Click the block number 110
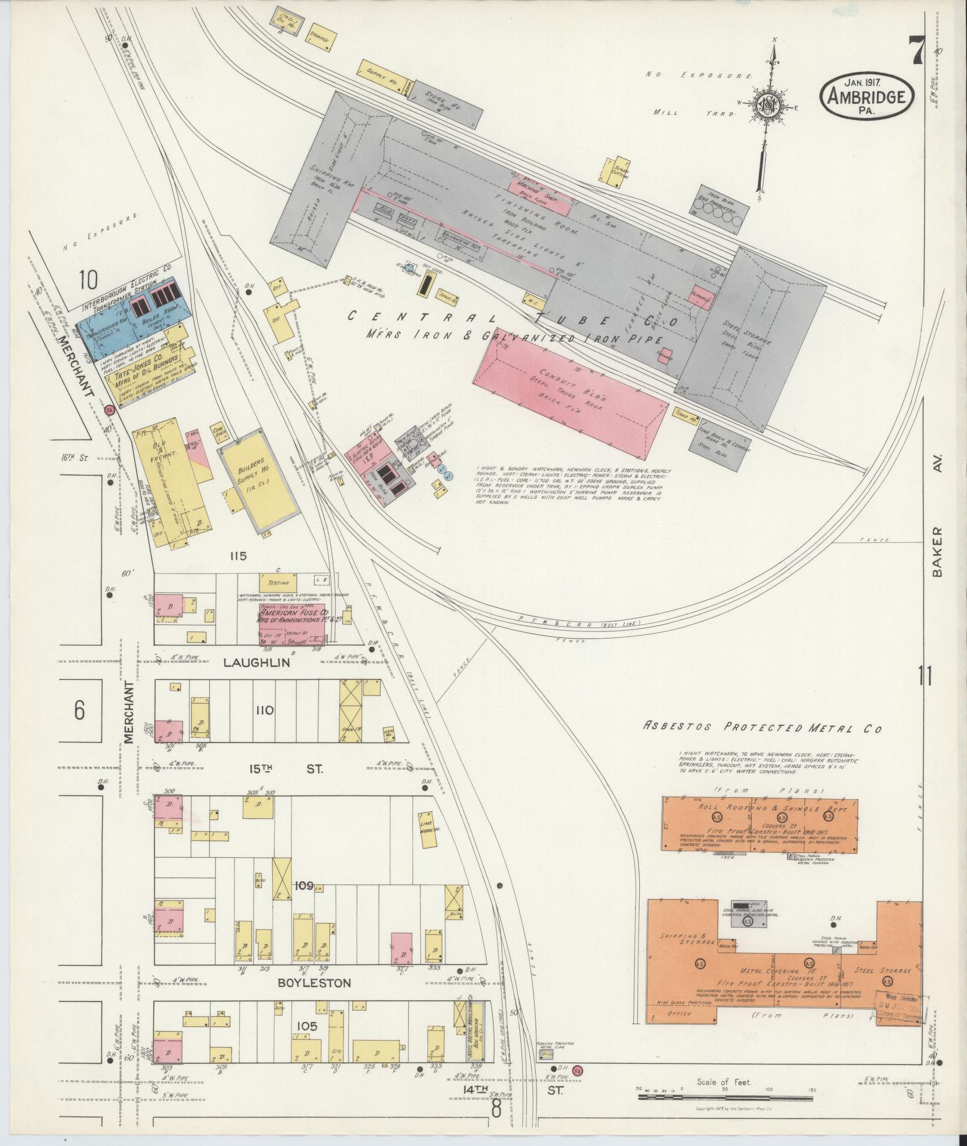point(264,711)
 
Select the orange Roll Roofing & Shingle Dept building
point(760,824)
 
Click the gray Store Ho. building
point(448,104)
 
